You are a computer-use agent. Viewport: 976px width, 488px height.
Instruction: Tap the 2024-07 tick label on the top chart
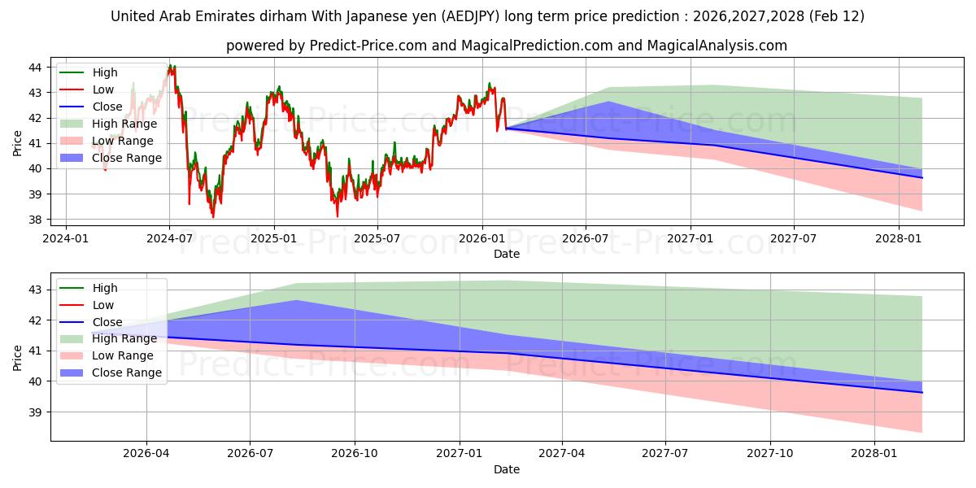tap(169, 238)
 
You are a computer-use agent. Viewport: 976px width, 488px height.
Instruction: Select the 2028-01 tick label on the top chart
tap(898, 238)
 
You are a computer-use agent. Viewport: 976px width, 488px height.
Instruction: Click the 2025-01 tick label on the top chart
tap(274, 238)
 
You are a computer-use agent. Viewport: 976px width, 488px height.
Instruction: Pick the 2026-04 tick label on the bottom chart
tap(146, 454)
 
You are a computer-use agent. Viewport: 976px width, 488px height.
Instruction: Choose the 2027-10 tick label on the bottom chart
tap(769, 454)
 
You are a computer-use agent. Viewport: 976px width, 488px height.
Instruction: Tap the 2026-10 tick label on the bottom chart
tap(355, 454)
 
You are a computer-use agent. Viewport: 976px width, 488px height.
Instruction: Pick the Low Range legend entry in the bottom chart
tap(123, 355)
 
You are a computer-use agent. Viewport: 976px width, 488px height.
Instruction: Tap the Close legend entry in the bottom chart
tap(108, 322)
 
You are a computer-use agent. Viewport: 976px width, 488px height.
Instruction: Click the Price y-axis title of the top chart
tap(18, 143)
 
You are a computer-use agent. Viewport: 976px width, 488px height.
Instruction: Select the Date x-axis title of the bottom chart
tap(507, 469)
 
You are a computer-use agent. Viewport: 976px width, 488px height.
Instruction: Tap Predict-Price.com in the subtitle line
tap(368, 46)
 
